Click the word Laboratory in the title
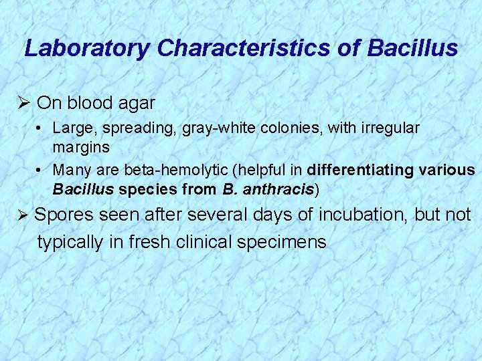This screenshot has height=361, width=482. tap(87, 48)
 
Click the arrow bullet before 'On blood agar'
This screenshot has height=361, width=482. tap(26, 103)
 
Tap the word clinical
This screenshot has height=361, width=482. tap(204, 241)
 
